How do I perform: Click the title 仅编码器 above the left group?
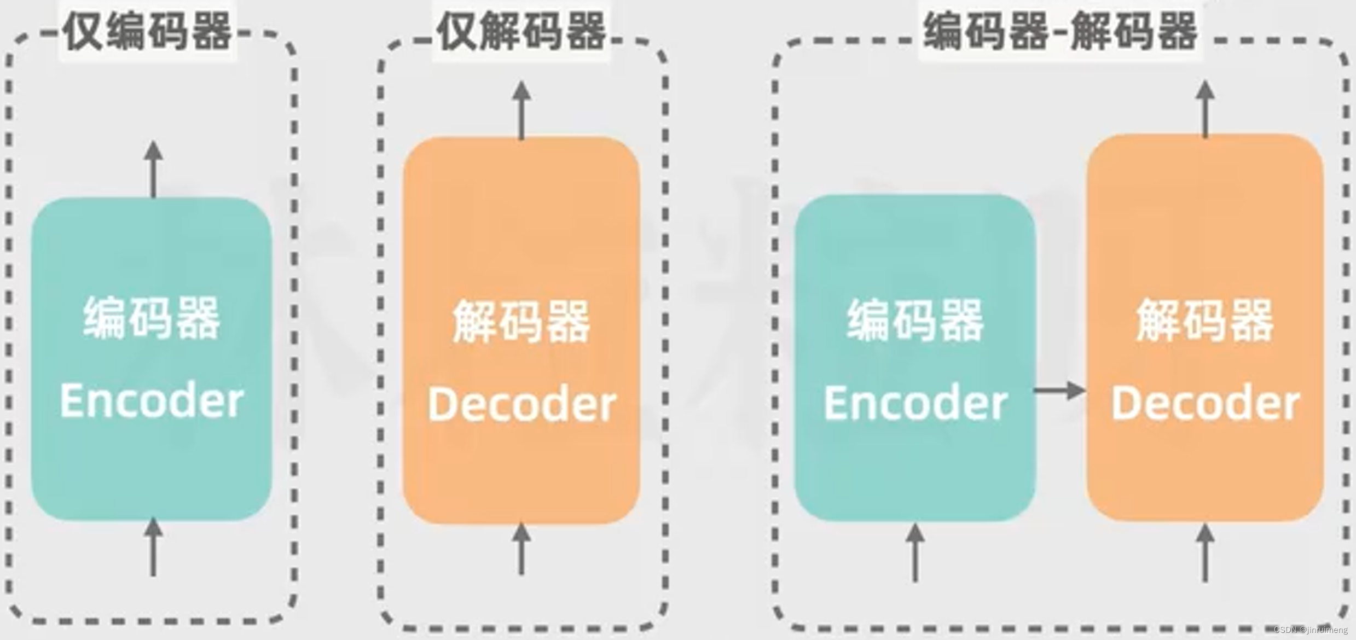pos(148,32)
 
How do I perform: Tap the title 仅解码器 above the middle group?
pos(521,32)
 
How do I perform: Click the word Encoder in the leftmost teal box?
pos(152,401)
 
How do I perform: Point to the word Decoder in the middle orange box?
pos(521,404)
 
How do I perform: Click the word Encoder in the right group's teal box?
pos(915,403)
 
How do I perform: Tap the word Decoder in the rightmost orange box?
pos(1205,403)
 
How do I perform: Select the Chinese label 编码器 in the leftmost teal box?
pos(152,318)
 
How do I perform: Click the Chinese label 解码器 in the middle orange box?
pos(521,322)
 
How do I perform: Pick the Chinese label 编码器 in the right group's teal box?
pos(915,321)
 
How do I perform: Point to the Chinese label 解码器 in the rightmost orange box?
pos(1205,321)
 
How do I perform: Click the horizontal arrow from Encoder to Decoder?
pos(1059,391)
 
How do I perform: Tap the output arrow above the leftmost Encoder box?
pos(153,170)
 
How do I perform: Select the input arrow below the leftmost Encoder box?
pos(153,547)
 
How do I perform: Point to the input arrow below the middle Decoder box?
pos(521,549)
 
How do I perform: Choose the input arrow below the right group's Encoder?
pos(915,552)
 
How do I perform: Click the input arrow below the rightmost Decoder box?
pos(1205,552)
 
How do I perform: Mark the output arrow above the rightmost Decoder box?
pos(1205,109)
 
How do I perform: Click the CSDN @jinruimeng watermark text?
pos(1310,630)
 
